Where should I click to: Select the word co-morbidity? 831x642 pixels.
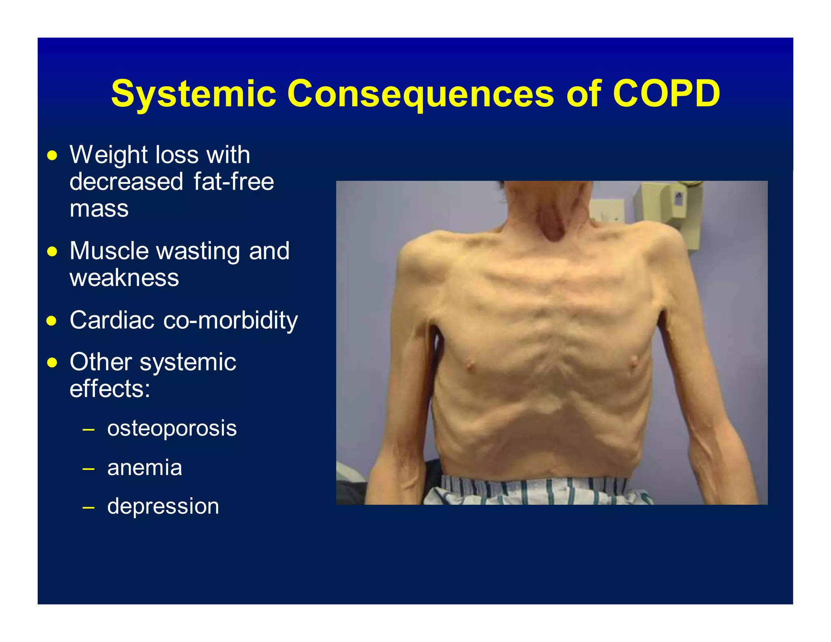click(230, 320)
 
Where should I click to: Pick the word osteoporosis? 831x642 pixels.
click(172, 428)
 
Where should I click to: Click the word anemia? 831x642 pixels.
click(144, 467)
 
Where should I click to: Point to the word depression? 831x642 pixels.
click(163, 506)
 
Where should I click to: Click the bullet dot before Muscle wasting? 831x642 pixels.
click(52, 252)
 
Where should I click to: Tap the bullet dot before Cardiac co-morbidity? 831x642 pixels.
click(52, 321)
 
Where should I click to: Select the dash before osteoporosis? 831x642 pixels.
click(88, 429)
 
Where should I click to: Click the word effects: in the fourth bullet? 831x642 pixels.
click(110, 389)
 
